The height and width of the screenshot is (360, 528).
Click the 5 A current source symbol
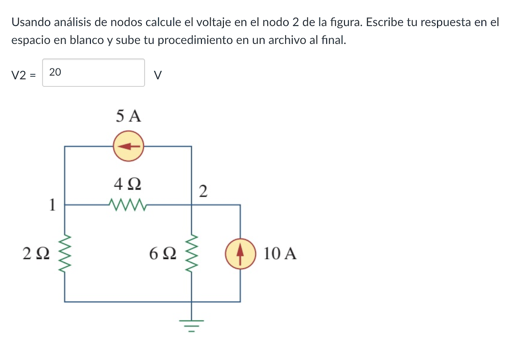point(129,147)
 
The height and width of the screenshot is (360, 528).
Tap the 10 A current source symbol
point(240,253)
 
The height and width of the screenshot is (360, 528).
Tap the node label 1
point(52,205)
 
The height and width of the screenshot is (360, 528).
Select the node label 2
point(203,191)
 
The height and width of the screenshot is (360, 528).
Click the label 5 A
point(128,116)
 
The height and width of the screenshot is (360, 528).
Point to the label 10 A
point(280,253)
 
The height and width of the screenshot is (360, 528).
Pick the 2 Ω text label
point(36,253)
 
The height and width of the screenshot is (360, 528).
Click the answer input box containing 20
point(94,73)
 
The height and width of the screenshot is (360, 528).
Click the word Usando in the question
point(31,22)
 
